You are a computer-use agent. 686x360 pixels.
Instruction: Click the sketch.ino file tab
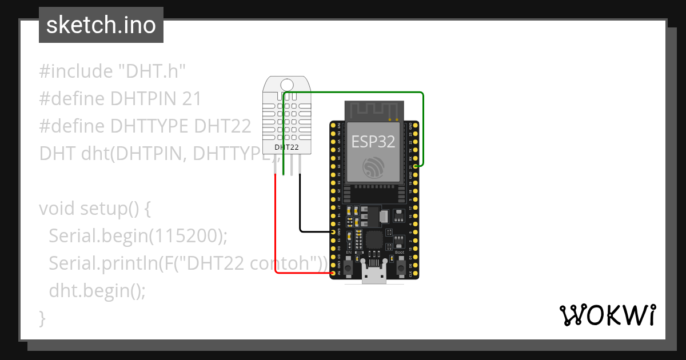pos(101,25)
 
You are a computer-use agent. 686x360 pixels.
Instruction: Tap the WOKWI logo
pos(607,315)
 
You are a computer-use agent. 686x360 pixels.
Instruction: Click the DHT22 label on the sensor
pos(287,147)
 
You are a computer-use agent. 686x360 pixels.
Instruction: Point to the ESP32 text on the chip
pos(373,141)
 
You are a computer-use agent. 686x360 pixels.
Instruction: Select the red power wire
pos(276,229)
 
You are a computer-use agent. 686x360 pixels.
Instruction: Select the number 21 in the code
pos(192,99)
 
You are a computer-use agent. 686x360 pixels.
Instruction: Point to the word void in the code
pos(57,209)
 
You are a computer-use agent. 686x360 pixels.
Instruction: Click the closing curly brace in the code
pos(42,318)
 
